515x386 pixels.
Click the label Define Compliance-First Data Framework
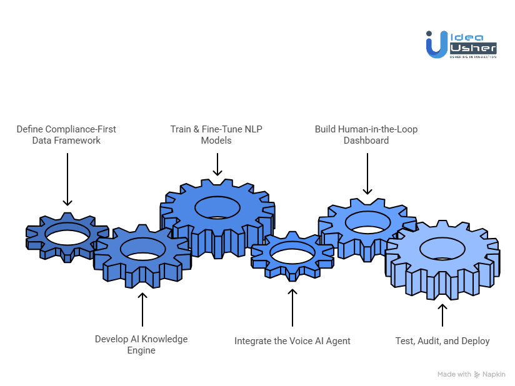(x=66, y=135)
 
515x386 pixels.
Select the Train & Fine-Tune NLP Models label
(x=216, y=135)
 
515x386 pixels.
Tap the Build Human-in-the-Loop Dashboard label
(x=366, y=135)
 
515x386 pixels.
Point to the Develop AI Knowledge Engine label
(x=141, y=344)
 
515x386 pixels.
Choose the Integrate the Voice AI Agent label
(x=292, y=341)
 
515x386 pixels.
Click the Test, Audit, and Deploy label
(x=442, y=341)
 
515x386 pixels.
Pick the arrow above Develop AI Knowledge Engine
(x=142, y=309)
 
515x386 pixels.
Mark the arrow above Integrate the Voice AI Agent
(x=292, y=306)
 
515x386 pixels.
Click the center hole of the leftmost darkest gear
(x=67, y=237)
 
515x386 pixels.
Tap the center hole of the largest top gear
(x=217, y=207)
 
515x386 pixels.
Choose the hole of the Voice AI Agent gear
(x=292, y=255)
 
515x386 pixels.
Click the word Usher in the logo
(x=473, y=47)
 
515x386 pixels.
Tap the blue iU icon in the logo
(x=436, y=45)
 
